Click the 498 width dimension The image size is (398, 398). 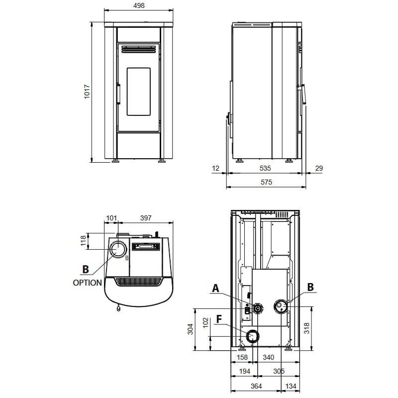pos(139,5)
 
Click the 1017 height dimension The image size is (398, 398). pos(87,92)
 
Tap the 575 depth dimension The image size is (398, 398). pos(266,182)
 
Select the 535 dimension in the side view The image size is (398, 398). pos(265,168)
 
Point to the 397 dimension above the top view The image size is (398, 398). pos(146,218)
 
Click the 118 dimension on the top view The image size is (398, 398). pos(83,241)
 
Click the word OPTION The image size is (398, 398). pos(88,283)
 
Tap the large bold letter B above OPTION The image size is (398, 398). pos(86,269)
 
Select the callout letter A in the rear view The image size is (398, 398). pos(215,289)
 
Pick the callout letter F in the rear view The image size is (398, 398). pos(219,319)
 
